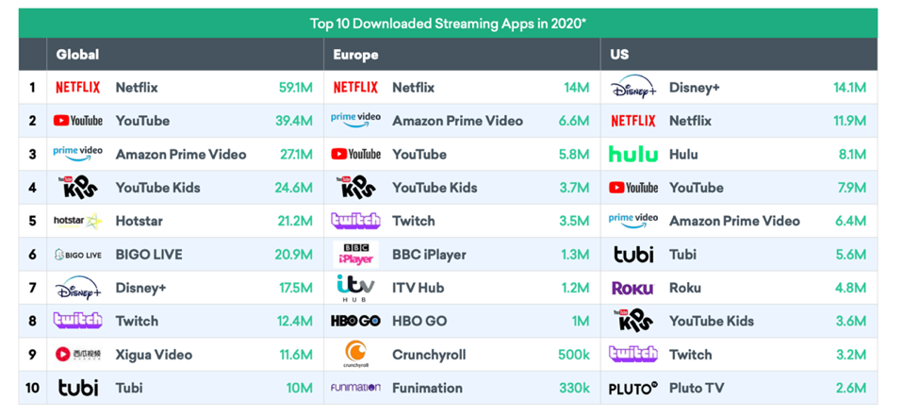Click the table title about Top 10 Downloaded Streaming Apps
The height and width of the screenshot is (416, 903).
pos(448,23)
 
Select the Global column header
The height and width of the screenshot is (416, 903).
pos(77,55)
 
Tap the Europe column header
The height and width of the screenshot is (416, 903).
pos(355,55)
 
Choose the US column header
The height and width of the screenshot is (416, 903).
pos(619,55)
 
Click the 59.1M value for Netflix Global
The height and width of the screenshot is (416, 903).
pos(295,88)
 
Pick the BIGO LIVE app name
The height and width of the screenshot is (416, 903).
pos(149,255)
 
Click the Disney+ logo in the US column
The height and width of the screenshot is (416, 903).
pos(633,89)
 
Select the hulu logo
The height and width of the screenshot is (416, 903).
pos(633,155)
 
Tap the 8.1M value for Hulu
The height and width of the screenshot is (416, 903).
pos(851,155)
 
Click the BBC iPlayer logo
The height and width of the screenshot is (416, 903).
pos(356,255)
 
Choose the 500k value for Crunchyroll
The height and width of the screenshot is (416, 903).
pos(572,355)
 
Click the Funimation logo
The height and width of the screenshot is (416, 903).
pos(355,388)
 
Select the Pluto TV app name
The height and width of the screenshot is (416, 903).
pos(697,388)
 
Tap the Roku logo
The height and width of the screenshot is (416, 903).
pos(632,289)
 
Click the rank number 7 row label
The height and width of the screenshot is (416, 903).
pos(32,288)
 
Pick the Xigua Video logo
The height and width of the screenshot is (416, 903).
pos(77,355)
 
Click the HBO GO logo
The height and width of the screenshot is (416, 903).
pos(355,322)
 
